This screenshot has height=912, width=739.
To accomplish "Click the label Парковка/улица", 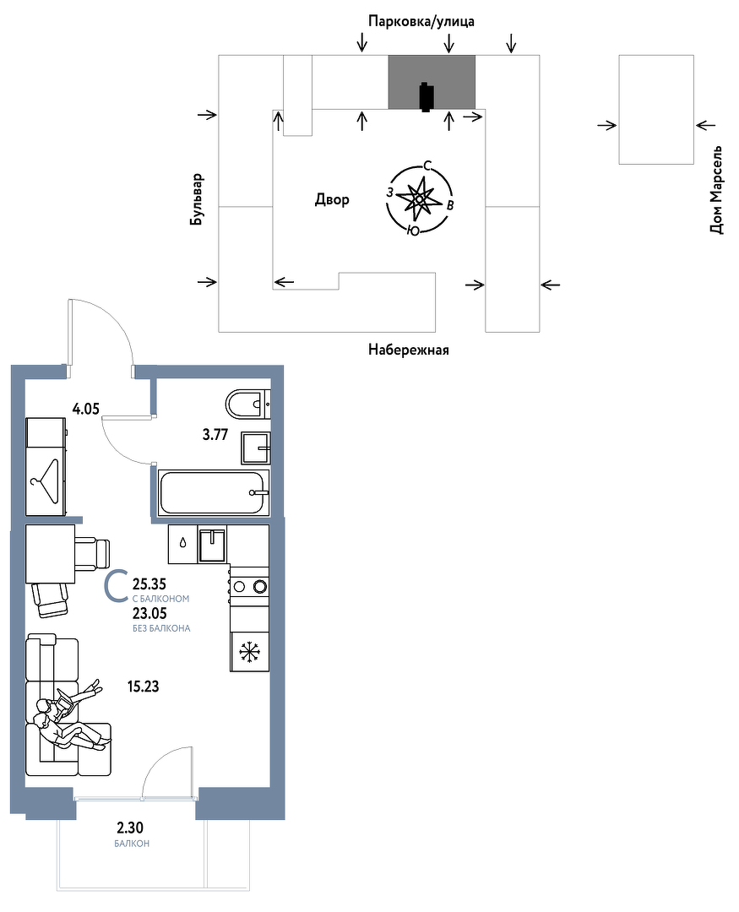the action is [x=421, y=21].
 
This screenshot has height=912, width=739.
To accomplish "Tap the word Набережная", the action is [x=409, y=350].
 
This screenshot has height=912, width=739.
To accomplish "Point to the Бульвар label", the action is [x=198, y=199].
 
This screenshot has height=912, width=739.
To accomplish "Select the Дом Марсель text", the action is [x=716, y=190].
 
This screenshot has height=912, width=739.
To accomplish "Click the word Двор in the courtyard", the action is [x=332, y=199].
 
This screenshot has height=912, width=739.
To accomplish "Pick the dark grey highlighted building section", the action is [x=432, y=82].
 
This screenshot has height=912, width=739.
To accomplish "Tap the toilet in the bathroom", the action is [x=248, y=404].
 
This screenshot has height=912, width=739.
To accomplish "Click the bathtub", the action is [x=215, y=492].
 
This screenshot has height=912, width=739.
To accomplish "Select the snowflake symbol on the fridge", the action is [x=250, y=651].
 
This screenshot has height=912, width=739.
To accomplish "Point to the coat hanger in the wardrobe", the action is [x=46, y=481].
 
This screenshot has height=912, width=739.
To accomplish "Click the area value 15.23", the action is [x=143, y=687].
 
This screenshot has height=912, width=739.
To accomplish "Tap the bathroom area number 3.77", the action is [x=215, y=435].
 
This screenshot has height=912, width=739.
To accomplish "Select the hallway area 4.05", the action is [x=85, y=409].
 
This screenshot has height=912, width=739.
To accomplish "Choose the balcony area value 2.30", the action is [x=130, y=827].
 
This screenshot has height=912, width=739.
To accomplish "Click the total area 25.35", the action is [x=149, y=584].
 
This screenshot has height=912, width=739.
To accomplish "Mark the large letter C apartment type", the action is [x=115, y=586].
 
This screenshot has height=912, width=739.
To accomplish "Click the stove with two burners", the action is [x=250, y=586].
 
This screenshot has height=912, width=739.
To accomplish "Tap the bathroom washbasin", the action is [x=255, y=448].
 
